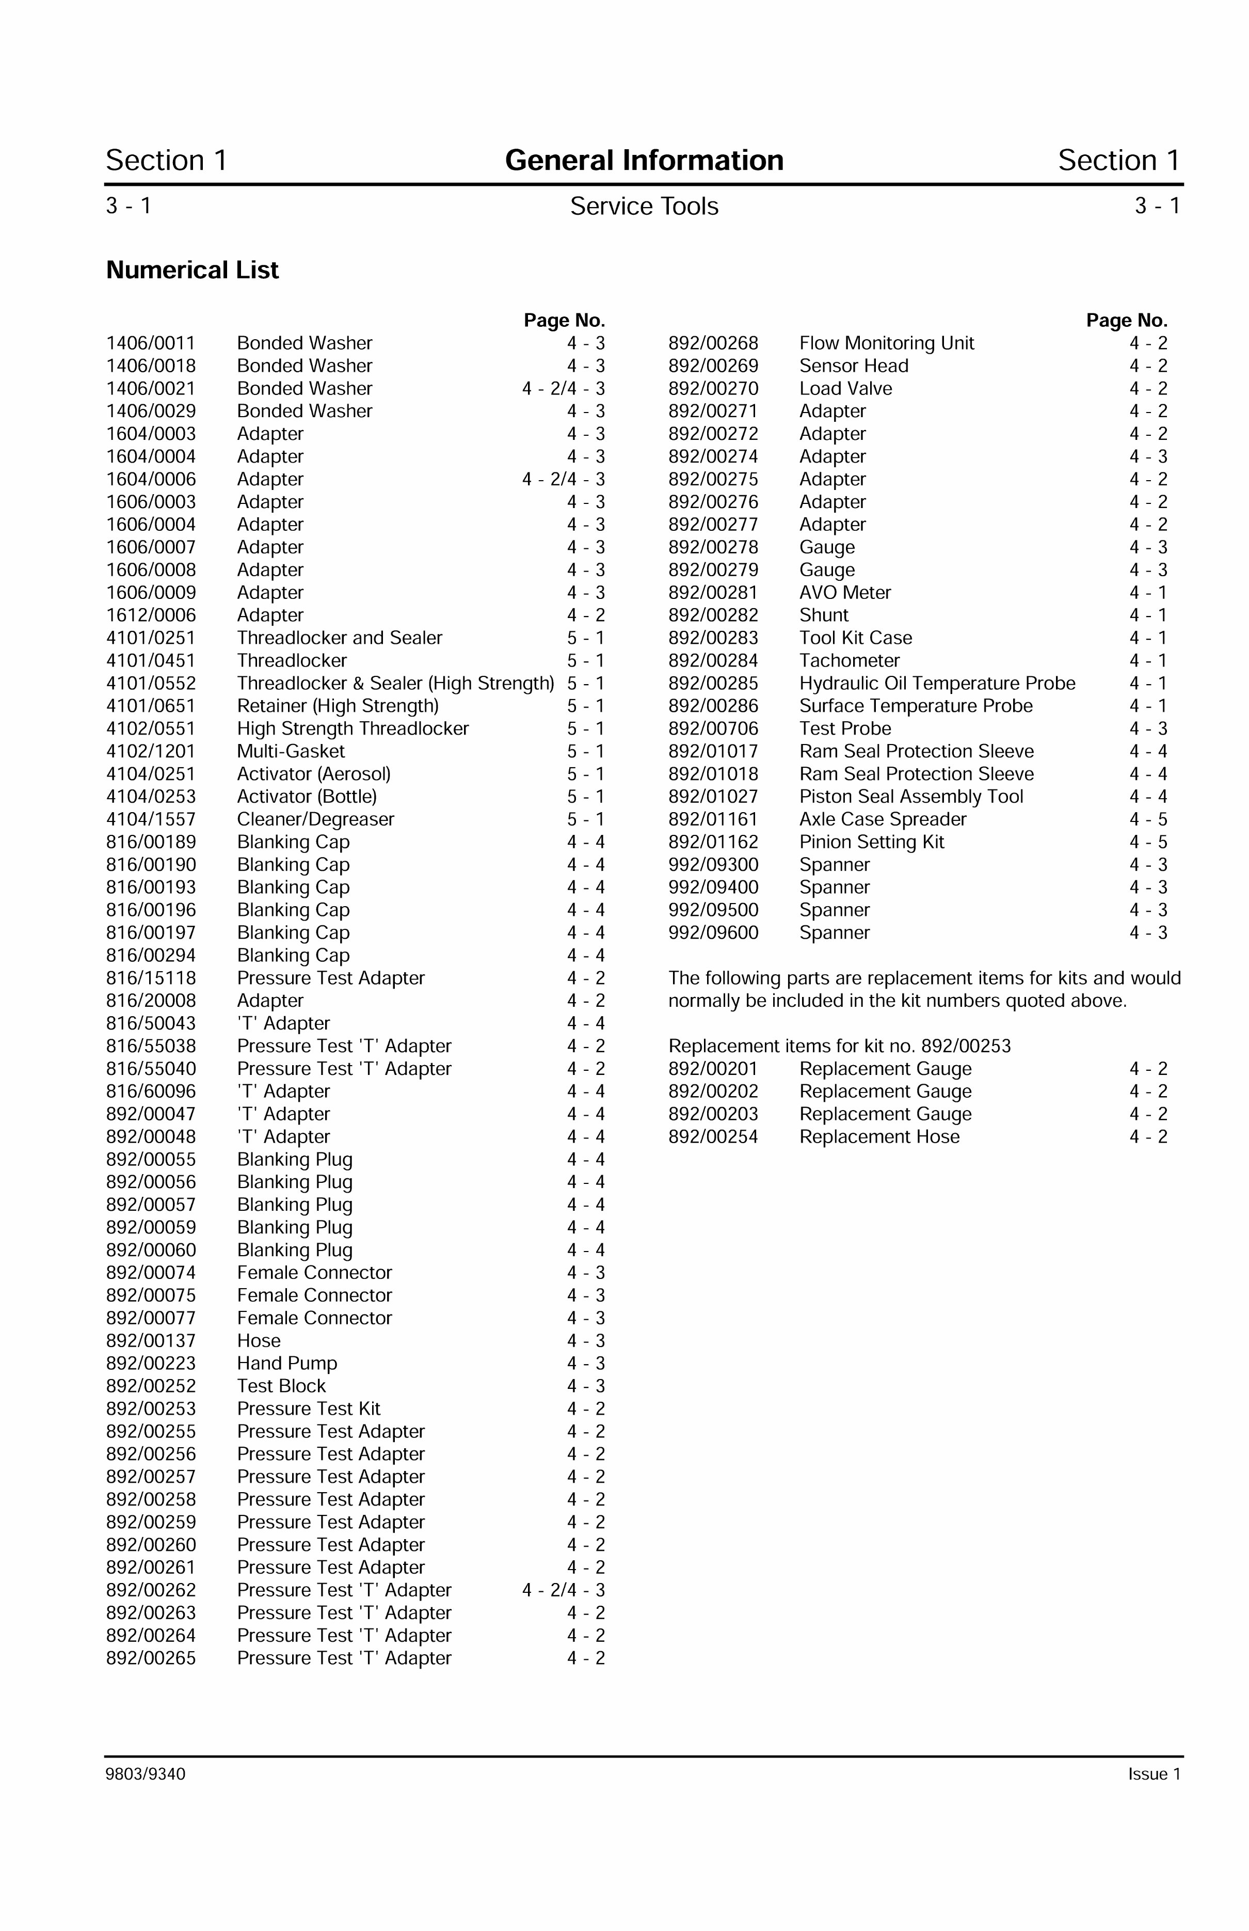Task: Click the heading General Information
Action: tap(644, 160)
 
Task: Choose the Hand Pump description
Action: tap(287, 1364)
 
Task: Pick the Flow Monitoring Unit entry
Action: tap(887, 343)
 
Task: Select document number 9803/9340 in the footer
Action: tap(145, 1775)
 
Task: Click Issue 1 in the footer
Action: tap(1154, 1775)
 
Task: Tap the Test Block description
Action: tap(281, 1387)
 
